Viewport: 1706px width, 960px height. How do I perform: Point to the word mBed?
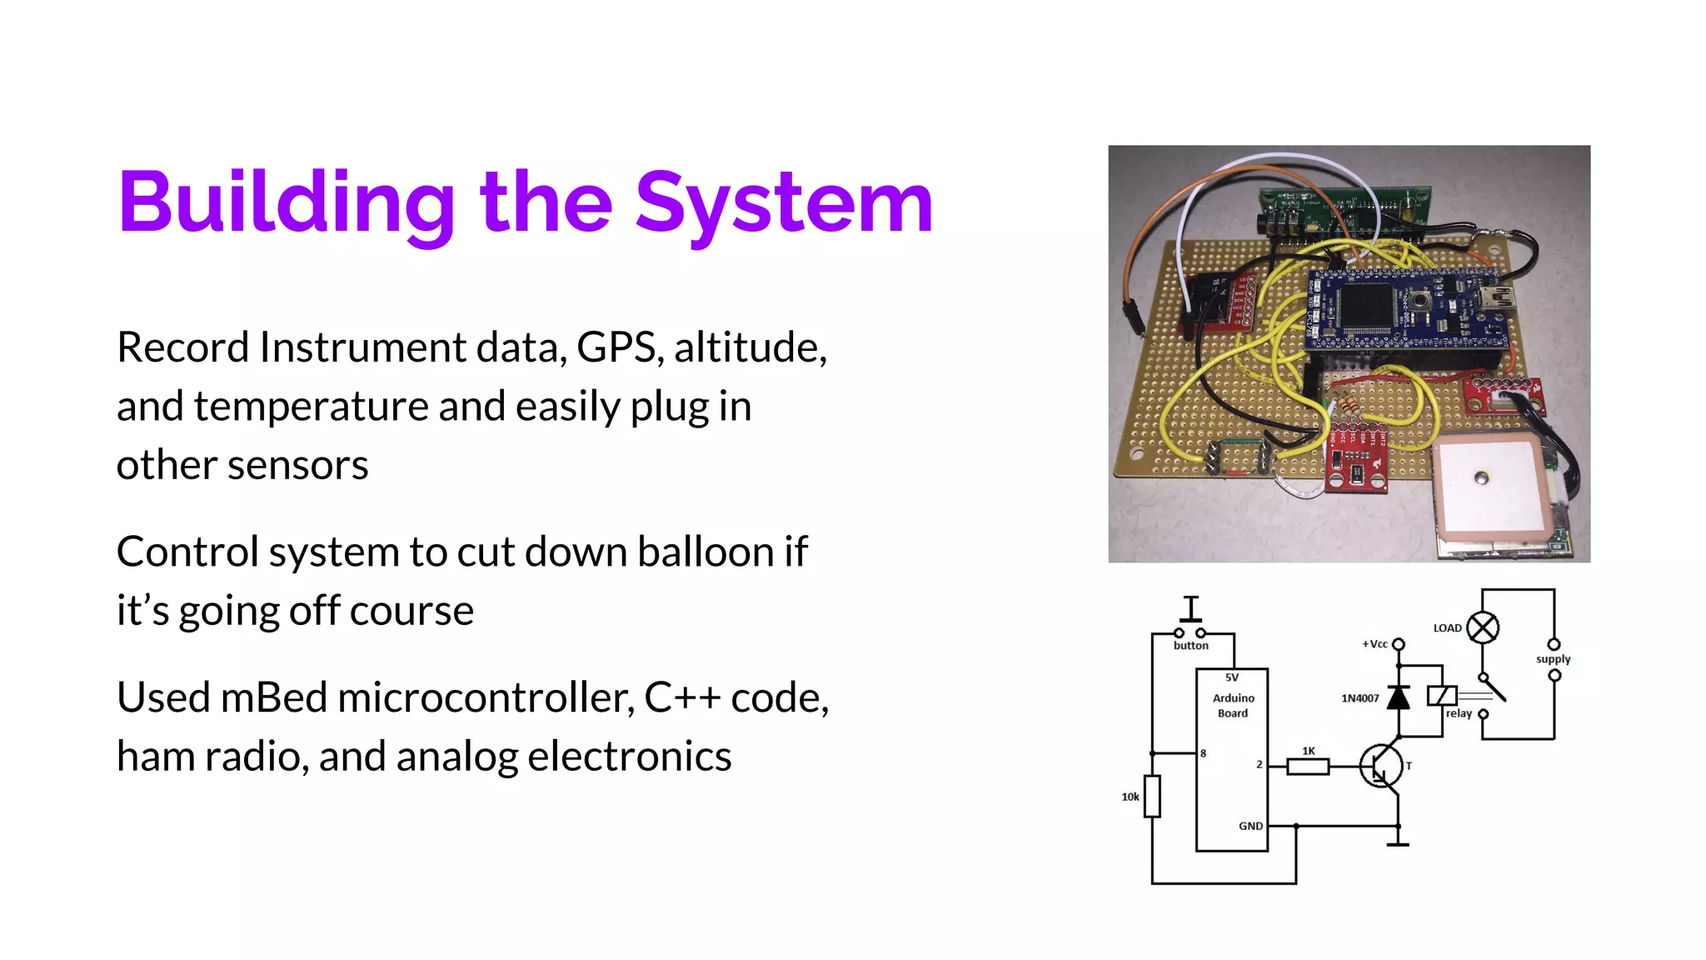274,697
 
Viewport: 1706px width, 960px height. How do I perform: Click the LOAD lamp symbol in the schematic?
1483,627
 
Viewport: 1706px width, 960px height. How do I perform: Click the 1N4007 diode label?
1359,698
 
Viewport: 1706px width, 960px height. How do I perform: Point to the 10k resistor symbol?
1152,796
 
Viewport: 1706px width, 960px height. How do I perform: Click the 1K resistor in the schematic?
1307,766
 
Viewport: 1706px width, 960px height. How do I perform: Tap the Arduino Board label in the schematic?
1233,705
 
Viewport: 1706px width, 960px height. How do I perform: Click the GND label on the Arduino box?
1250,826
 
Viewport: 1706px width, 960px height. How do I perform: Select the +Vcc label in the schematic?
1374,644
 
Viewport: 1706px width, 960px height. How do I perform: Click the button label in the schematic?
1190,646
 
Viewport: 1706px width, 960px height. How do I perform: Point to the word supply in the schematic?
1553,659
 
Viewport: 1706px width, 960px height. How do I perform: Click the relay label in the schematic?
1459,713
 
